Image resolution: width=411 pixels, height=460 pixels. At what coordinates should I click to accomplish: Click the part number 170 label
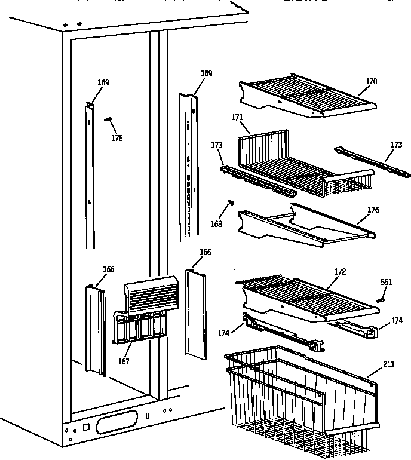(x=372, y=82)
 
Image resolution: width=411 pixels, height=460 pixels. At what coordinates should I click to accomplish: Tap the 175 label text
(x=117, y=138)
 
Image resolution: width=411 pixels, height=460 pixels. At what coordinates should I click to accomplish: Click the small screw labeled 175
(x=108, y=120)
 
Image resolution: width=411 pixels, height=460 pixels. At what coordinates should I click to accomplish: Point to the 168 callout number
(x=217, y=224)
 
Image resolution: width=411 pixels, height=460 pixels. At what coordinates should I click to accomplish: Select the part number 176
(x=373, y=210)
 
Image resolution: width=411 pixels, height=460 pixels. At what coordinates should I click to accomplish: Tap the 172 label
(x=340, y=272)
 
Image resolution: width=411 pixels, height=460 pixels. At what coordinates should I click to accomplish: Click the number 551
(x=387, y=282)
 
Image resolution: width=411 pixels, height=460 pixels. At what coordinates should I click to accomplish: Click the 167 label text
(x=124, y=361)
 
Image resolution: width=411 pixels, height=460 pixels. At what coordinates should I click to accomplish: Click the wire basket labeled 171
(x=299, y=164)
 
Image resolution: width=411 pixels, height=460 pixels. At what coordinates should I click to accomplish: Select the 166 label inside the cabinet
(x=108, y=269)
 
